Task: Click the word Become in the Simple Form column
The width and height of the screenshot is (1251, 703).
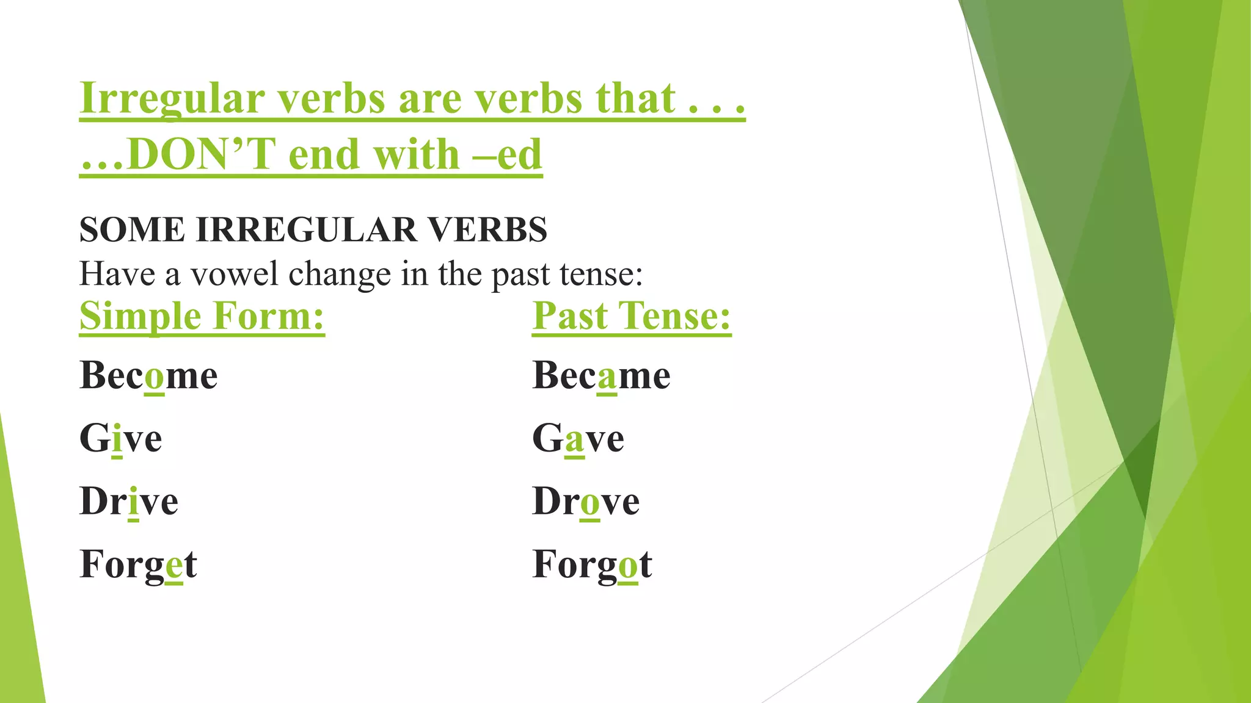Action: [x=148, y=375]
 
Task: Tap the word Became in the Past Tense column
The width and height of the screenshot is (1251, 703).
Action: [x=601, y=375]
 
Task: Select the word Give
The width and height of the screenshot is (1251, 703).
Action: [x=121, y=439]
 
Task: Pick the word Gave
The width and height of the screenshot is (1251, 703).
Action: [x=578, y=439]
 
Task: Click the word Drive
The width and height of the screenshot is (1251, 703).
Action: [x=129, y=502]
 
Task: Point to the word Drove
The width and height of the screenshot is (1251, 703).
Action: [x=586, y=502]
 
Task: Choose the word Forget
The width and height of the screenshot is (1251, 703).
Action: [x=138, y=564]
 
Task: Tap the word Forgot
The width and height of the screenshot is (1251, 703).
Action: [x=592, y=564]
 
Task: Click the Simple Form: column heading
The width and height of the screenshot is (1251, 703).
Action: [x=202, y=316]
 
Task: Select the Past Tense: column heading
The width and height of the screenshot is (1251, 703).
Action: [x=632, y=316]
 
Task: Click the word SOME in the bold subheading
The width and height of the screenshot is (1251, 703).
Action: [x=132, y=230]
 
